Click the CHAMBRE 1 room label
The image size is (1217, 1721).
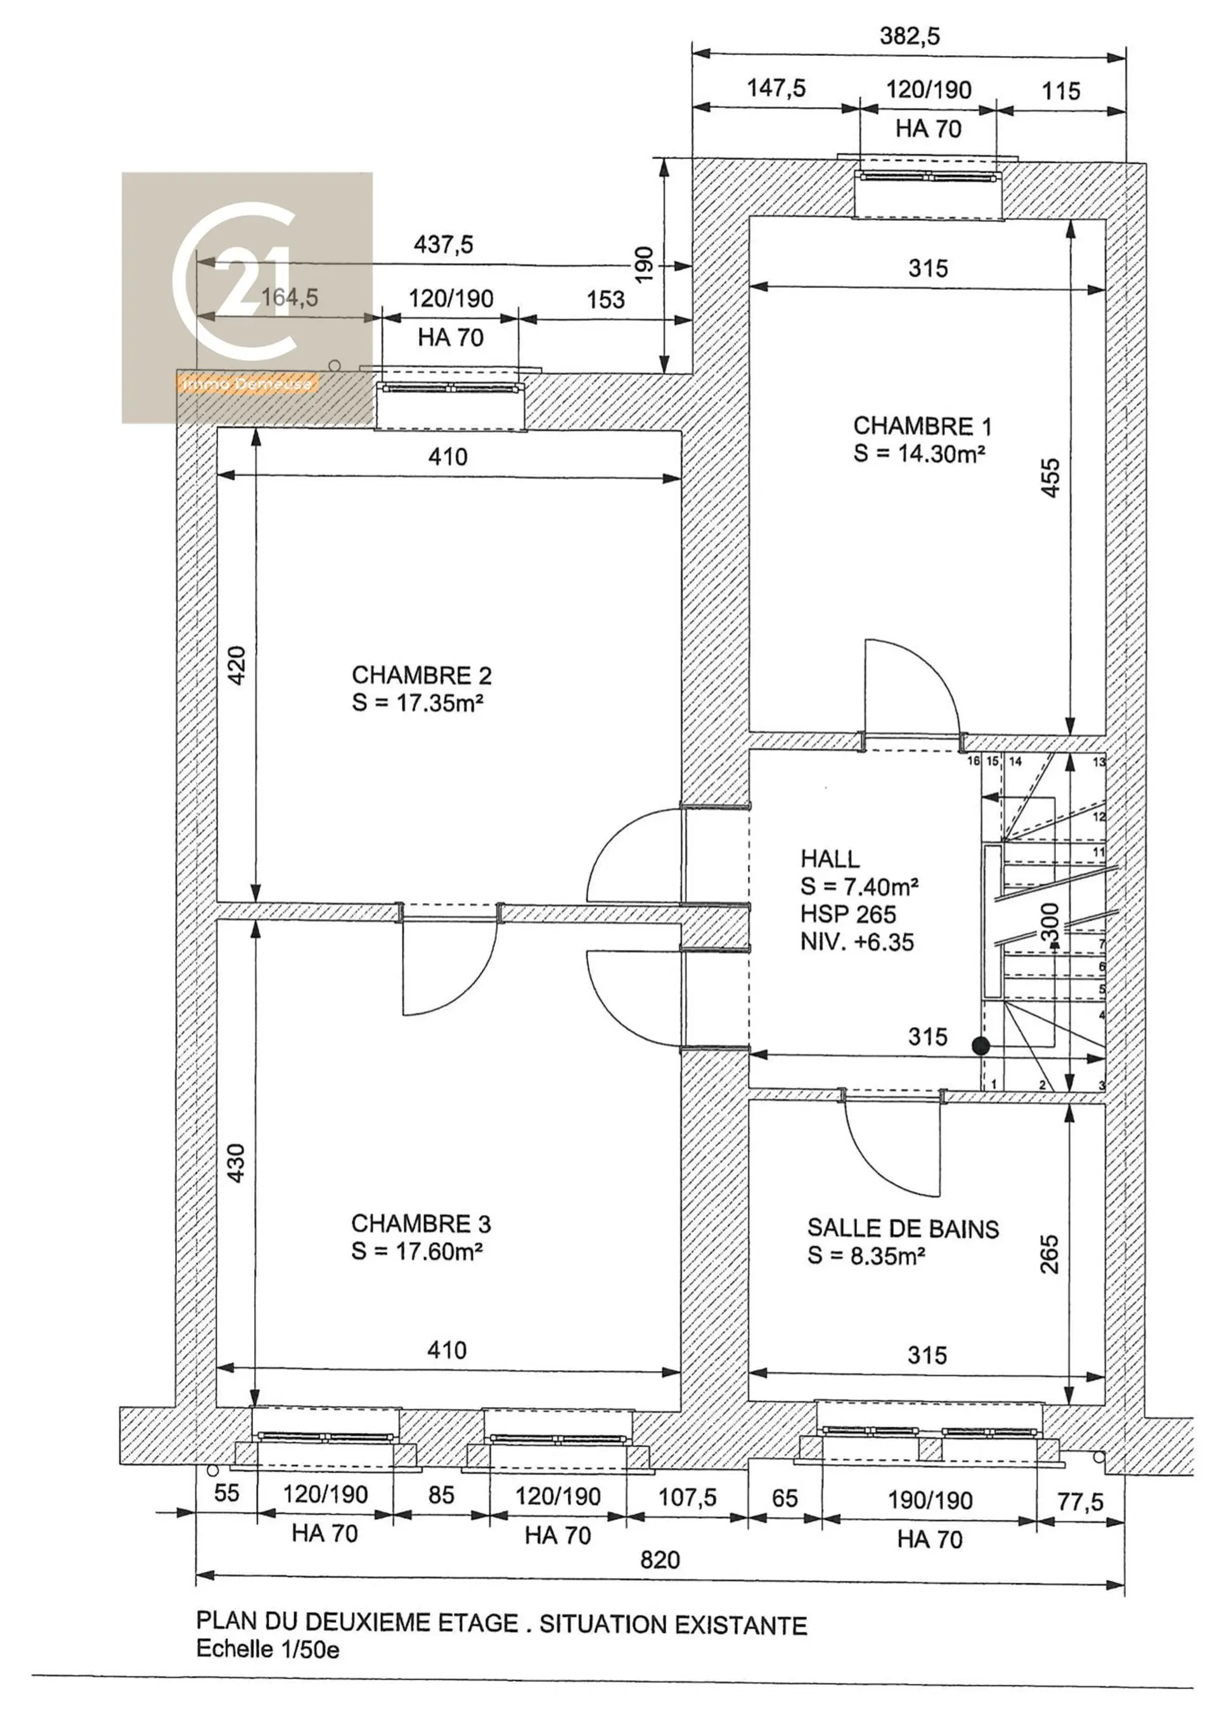tap(922, 427)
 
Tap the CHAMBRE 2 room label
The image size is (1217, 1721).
tap(422, 675)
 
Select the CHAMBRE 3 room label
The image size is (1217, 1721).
tap(421, 1224)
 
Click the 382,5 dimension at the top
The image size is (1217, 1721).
tap(910, 36)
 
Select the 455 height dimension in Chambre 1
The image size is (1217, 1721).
tap(1052, 477)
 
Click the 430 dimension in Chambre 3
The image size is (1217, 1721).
tap(236, 1164)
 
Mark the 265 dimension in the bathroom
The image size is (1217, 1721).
tap(1050, 1255)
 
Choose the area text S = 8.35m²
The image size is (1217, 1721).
tap(866, 1256)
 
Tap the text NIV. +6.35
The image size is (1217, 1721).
tap(858, 942)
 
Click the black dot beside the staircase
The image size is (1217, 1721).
tap(981, 1046)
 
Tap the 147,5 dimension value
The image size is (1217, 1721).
tap(776, 88)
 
